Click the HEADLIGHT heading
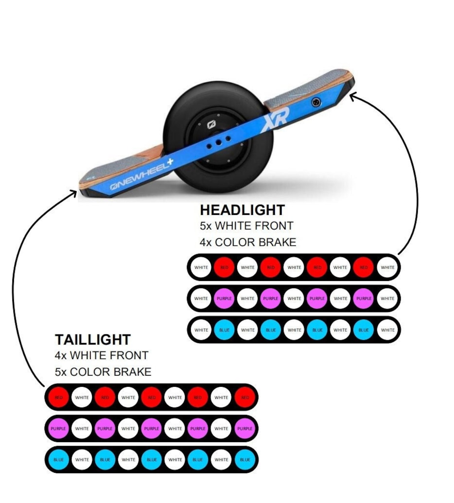tap(242, 210)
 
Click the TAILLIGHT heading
tap(92, 340)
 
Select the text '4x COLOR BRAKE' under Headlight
tap(248, 242)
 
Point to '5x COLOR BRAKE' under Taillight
tap(103, 372)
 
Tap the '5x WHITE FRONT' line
tap(247, 226)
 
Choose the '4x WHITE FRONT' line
tap(101, 355)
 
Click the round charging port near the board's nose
tap(315, 103)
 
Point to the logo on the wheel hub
tap(211, 125)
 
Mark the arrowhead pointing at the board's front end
tap(352, 96)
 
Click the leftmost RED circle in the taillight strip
tap(59, 398)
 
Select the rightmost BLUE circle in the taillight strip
tap(245, 460)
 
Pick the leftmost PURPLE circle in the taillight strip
tap(59, 429)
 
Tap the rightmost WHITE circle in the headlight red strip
tap(387, 267)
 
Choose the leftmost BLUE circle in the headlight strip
tap(224, 330)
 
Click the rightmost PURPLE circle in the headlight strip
tap(364, 298)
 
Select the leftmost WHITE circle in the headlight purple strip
tap(201, 298)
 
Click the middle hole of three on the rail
tap(219, 142)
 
